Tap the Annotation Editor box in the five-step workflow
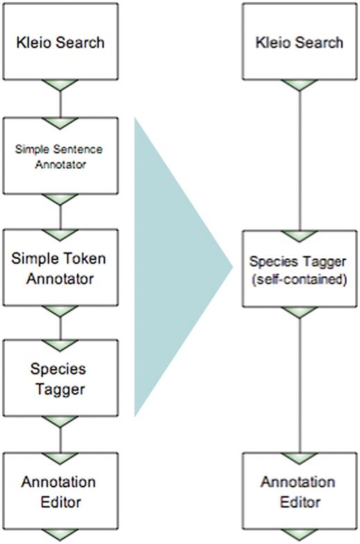coord(60,491)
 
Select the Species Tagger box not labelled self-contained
coord(60,379)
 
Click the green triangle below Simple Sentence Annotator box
coord(60,199)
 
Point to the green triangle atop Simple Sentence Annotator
coord(60,123)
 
